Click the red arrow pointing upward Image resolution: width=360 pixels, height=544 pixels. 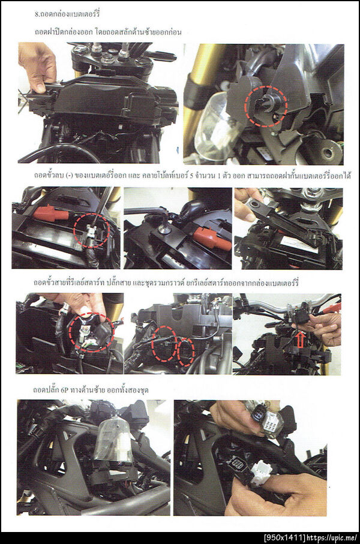pos(300,339)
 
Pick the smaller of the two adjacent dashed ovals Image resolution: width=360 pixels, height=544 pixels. pos(186,352)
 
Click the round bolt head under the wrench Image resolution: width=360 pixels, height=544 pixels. pos(162,229)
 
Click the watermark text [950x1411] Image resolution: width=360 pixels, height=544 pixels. pos(284,538)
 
